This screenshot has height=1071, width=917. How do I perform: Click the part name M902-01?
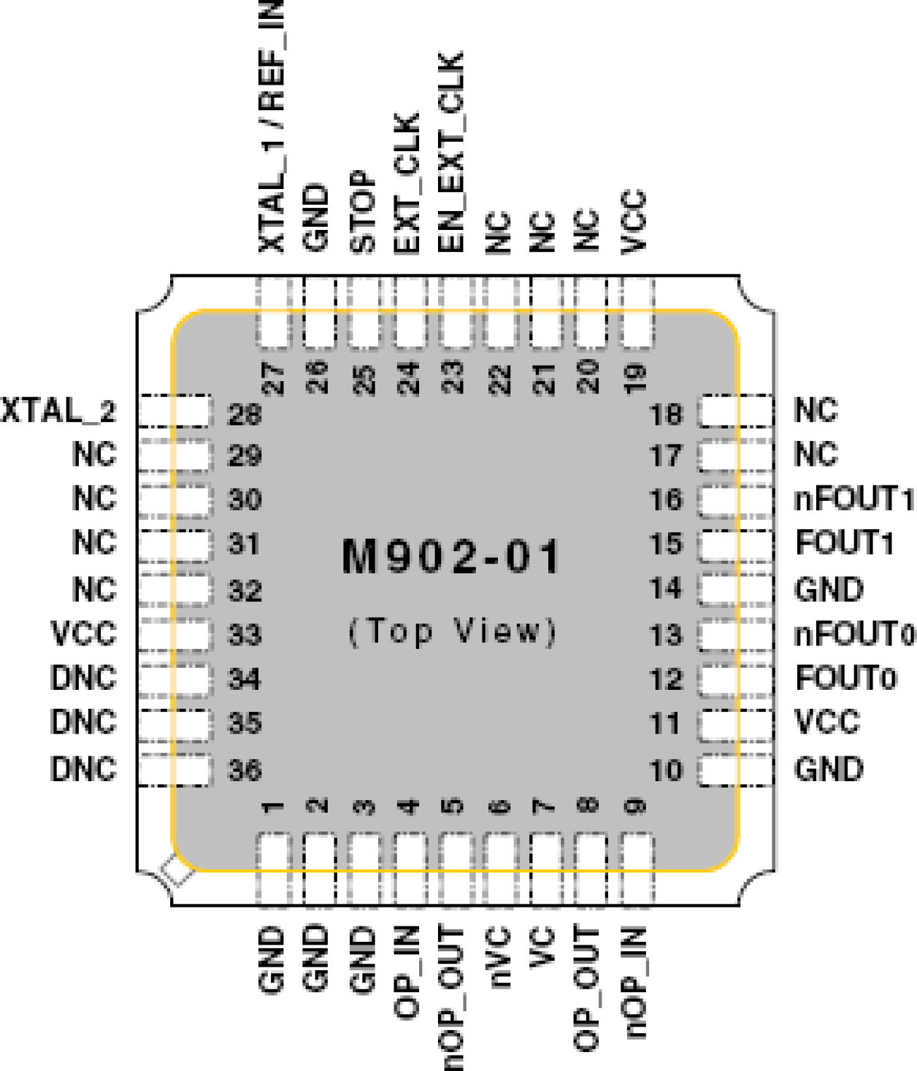click(450, 557)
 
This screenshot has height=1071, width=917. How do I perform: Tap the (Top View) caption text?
click(453, 632)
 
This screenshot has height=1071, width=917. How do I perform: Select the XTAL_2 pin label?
click(58, 411)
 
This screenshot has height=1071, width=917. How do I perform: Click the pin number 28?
click(245, 415)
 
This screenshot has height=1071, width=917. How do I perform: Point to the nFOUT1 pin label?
click(853, 499)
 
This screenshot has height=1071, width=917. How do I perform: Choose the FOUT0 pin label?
click(845, 678)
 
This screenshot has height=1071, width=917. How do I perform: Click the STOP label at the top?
click(363, 212)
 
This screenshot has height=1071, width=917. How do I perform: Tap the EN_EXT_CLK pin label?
click(451, 152)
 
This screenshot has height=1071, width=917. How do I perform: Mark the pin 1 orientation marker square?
click(177, 872)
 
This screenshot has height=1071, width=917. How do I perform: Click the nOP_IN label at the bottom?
click(634, 982)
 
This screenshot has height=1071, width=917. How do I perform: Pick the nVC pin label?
click(499, 956)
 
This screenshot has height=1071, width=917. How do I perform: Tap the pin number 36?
click(245, 770)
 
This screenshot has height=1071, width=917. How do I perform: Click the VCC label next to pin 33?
click(84, 634)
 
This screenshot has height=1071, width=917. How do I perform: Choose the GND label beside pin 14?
click(829, 589)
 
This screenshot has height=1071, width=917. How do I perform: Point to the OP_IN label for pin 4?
click(407, 972)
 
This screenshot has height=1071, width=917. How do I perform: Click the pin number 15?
click(666, 544)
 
